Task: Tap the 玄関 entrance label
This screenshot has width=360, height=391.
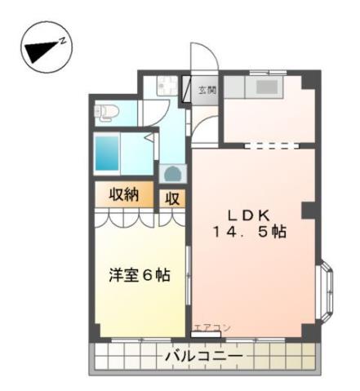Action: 207,89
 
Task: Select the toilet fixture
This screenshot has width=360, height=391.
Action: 106,112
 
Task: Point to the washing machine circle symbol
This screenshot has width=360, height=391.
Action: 172,172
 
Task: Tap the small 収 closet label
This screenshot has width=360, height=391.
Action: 172,198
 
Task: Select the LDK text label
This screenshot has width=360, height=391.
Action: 249,215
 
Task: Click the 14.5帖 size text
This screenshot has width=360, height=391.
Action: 249,232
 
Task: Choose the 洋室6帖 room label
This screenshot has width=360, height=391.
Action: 139,275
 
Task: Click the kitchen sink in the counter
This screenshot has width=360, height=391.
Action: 266,87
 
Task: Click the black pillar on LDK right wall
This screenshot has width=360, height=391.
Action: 308,210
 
